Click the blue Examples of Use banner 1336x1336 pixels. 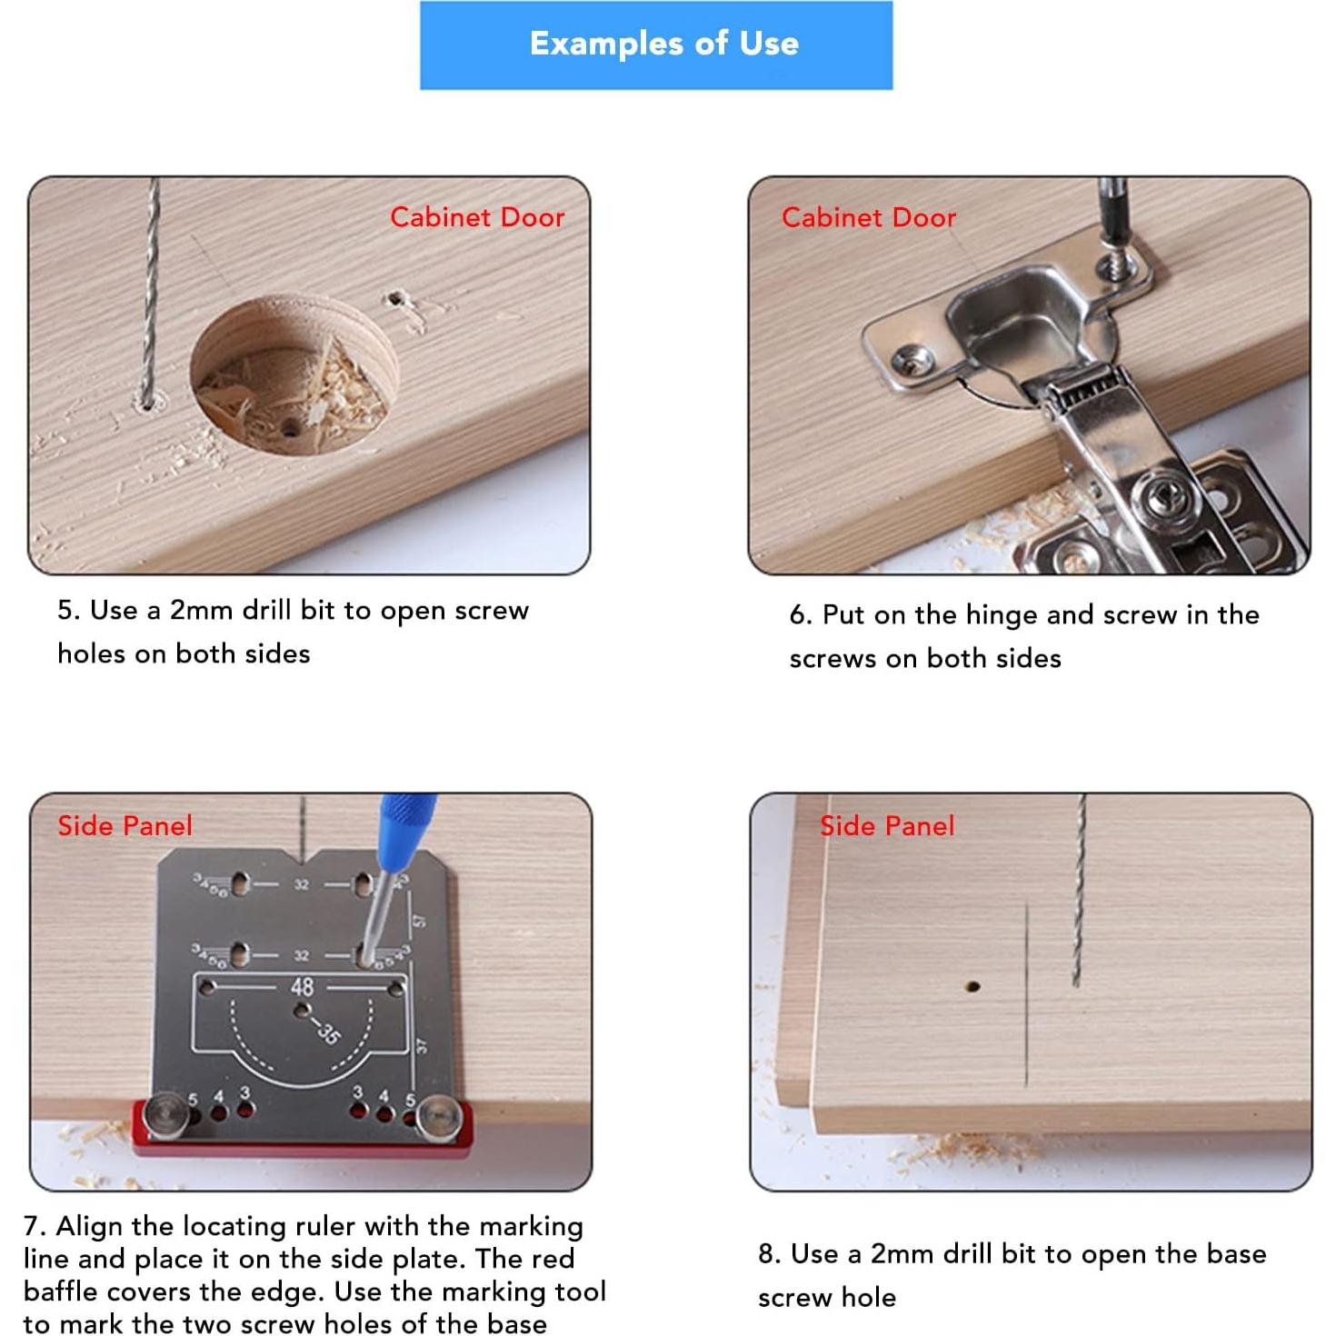656,45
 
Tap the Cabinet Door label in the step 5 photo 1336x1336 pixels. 477,217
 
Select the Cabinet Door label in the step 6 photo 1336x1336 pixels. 869,217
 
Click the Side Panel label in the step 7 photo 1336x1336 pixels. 125,825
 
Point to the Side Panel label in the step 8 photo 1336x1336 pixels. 887,825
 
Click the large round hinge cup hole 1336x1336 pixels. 294,374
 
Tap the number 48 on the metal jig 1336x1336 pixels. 303,987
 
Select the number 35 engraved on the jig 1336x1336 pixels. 328,1032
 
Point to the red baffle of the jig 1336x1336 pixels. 303,1129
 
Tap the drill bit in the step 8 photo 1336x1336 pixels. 1079,890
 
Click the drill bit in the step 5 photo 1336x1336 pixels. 151,291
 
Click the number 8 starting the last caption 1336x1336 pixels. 765,1253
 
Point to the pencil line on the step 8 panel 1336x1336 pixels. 1026,993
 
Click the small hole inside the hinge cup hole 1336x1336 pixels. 290,430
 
